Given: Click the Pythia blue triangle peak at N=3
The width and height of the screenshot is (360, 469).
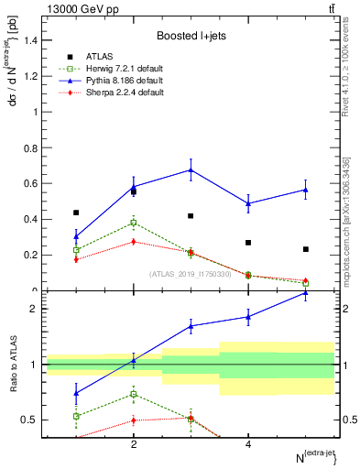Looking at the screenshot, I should pyautogui.click(x=191, y=169).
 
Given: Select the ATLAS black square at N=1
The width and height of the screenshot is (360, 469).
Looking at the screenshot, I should pyautogui.click(x=76, y=213).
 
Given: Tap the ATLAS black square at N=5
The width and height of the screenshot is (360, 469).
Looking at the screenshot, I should pyautogui.click(x=306, y=249).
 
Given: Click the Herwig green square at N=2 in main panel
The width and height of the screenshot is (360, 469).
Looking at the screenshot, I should pyautogui.click(x=134, y=223).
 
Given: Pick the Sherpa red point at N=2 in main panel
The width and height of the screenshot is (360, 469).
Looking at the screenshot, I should pyautogui.click(x=134, y=242).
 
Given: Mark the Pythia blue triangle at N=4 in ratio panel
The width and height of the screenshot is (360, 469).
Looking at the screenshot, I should pyautogui.click(x=248, y=317).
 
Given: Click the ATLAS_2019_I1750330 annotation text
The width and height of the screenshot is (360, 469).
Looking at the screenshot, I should pyautogui.click(x=191, y=274).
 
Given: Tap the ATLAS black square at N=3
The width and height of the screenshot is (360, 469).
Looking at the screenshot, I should pyautogui.click(x=191, y=216).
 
